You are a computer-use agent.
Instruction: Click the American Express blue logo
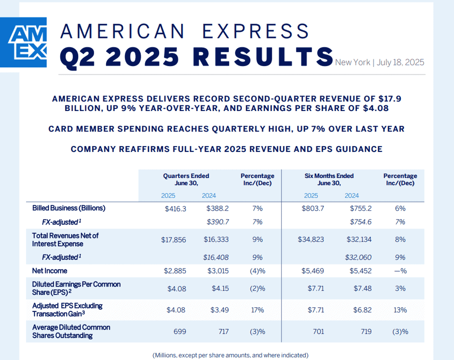pos(23,42)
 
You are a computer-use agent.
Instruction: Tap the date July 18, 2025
pos(400,62)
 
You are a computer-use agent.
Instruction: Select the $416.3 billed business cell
pos(176,208)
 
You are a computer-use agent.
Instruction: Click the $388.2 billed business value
pos(217,208)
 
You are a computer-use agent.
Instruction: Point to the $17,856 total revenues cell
pos(174,239)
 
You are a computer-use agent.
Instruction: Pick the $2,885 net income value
pos(175,271)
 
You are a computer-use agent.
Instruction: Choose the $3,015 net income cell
pos(218,271)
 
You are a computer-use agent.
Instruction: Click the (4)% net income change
pos(257,271)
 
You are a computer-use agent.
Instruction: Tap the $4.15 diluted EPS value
pos(220,288)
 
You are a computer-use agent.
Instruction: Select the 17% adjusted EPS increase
pos(257,310)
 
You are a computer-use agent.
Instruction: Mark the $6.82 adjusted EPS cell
pos(362,310)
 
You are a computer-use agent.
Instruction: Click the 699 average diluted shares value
pos(180,331)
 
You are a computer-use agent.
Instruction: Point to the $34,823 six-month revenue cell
pos(311,239)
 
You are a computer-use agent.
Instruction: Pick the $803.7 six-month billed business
pos(313,208)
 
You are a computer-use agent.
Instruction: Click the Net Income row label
pos(50,271)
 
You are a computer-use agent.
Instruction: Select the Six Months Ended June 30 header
pos(329,179)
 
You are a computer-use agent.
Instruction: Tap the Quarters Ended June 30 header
pos(186,179)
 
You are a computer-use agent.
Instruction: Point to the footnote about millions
pos(230,355)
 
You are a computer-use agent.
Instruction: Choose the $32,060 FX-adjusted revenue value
pos(358,257)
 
